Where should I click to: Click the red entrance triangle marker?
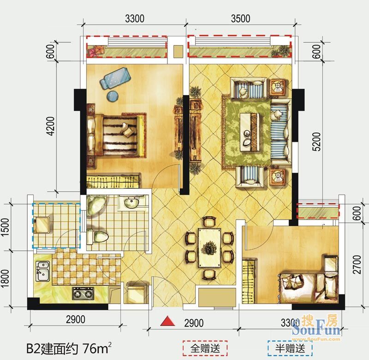[167, 321]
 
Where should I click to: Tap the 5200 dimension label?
[317, 142]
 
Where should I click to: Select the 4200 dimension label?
[51, 126]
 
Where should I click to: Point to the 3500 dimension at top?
[240, 19]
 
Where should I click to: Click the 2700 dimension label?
[357, 265]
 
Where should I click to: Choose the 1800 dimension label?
[5, 278]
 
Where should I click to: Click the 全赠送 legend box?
[205, 348]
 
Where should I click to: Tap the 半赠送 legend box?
[290, 348]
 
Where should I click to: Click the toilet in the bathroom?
[97, 236]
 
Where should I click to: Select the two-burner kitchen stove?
[83, 294]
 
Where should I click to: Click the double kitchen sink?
[42, 271]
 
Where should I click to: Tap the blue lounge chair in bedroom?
[114, 77]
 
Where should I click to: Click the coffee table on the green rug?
[250, 132]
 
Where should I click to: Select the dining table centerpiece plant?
[210, 248]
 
